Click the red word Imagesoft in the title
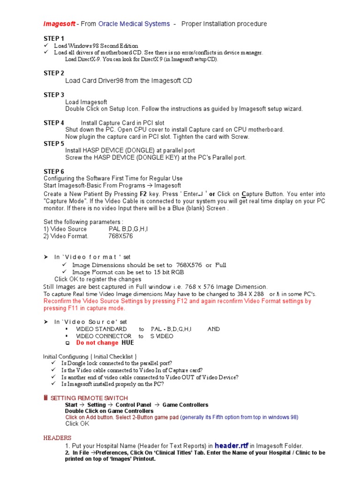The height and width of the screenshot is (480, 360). click(x=59, y=24)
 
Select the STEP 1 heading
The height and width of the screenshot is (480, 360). click(x=54, y=38)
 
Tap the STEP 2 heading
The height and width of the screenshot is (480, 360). click(x=54, y=73)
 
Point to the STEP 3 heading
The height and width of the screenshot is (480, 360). click(x=54, y=95)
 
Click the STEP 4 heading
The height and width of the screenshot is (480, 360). click(x=54, y=123)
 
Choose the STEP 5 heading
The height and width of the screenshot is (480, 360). click(x=54, y=143)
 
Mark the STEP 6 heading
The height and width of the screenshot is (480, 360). click(x=54, y=172)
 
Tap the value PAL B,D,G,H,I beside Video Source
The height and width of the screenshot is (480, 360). click(x=128, y=229)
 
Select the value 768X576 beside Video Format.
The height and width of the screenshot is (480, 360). click(x=120, y=236)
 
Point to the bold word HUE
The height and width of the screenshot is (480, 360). click(x=127, y=343)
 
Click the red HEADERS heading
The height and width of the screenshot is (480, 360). click(x=57, y=438)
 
